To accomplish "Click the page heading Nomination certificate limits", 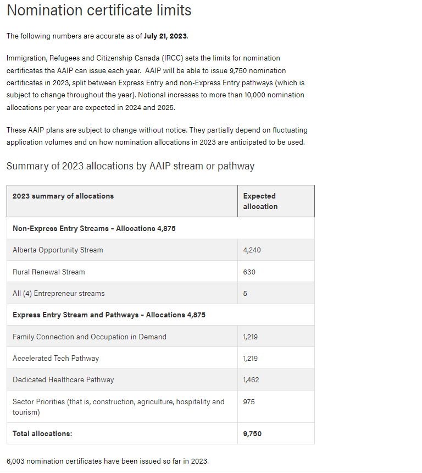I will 99,10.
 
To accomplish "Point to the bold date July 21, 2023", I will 165,36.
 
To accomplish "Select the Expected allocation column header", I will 260,201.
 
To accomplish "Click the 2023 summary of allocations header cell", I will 63,196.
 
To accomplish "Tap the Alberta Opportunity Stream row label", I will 58,250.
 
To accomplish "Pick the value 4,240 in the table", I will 252,250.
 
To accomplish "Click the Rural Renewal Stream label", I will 49,272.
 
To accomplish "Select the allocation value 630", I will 249,272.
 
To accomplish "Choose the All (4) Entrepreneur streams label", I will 58,294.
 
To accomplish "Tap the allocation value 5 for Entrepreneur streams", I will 245,294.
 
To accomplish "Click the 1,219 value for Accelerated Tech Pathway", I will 251,359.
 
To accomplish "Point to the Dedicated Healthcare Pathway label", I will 63,380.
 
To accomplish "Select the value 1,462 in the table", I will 251,380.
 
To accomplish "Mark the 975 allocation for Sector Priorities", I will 249,402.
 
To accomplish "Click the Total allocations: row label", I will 42,434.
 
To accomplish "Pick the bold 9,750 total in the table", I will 252,434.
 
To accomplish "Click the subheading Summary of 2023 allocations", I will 130,166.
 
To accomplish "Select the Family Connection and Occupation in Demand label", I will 89,337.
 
